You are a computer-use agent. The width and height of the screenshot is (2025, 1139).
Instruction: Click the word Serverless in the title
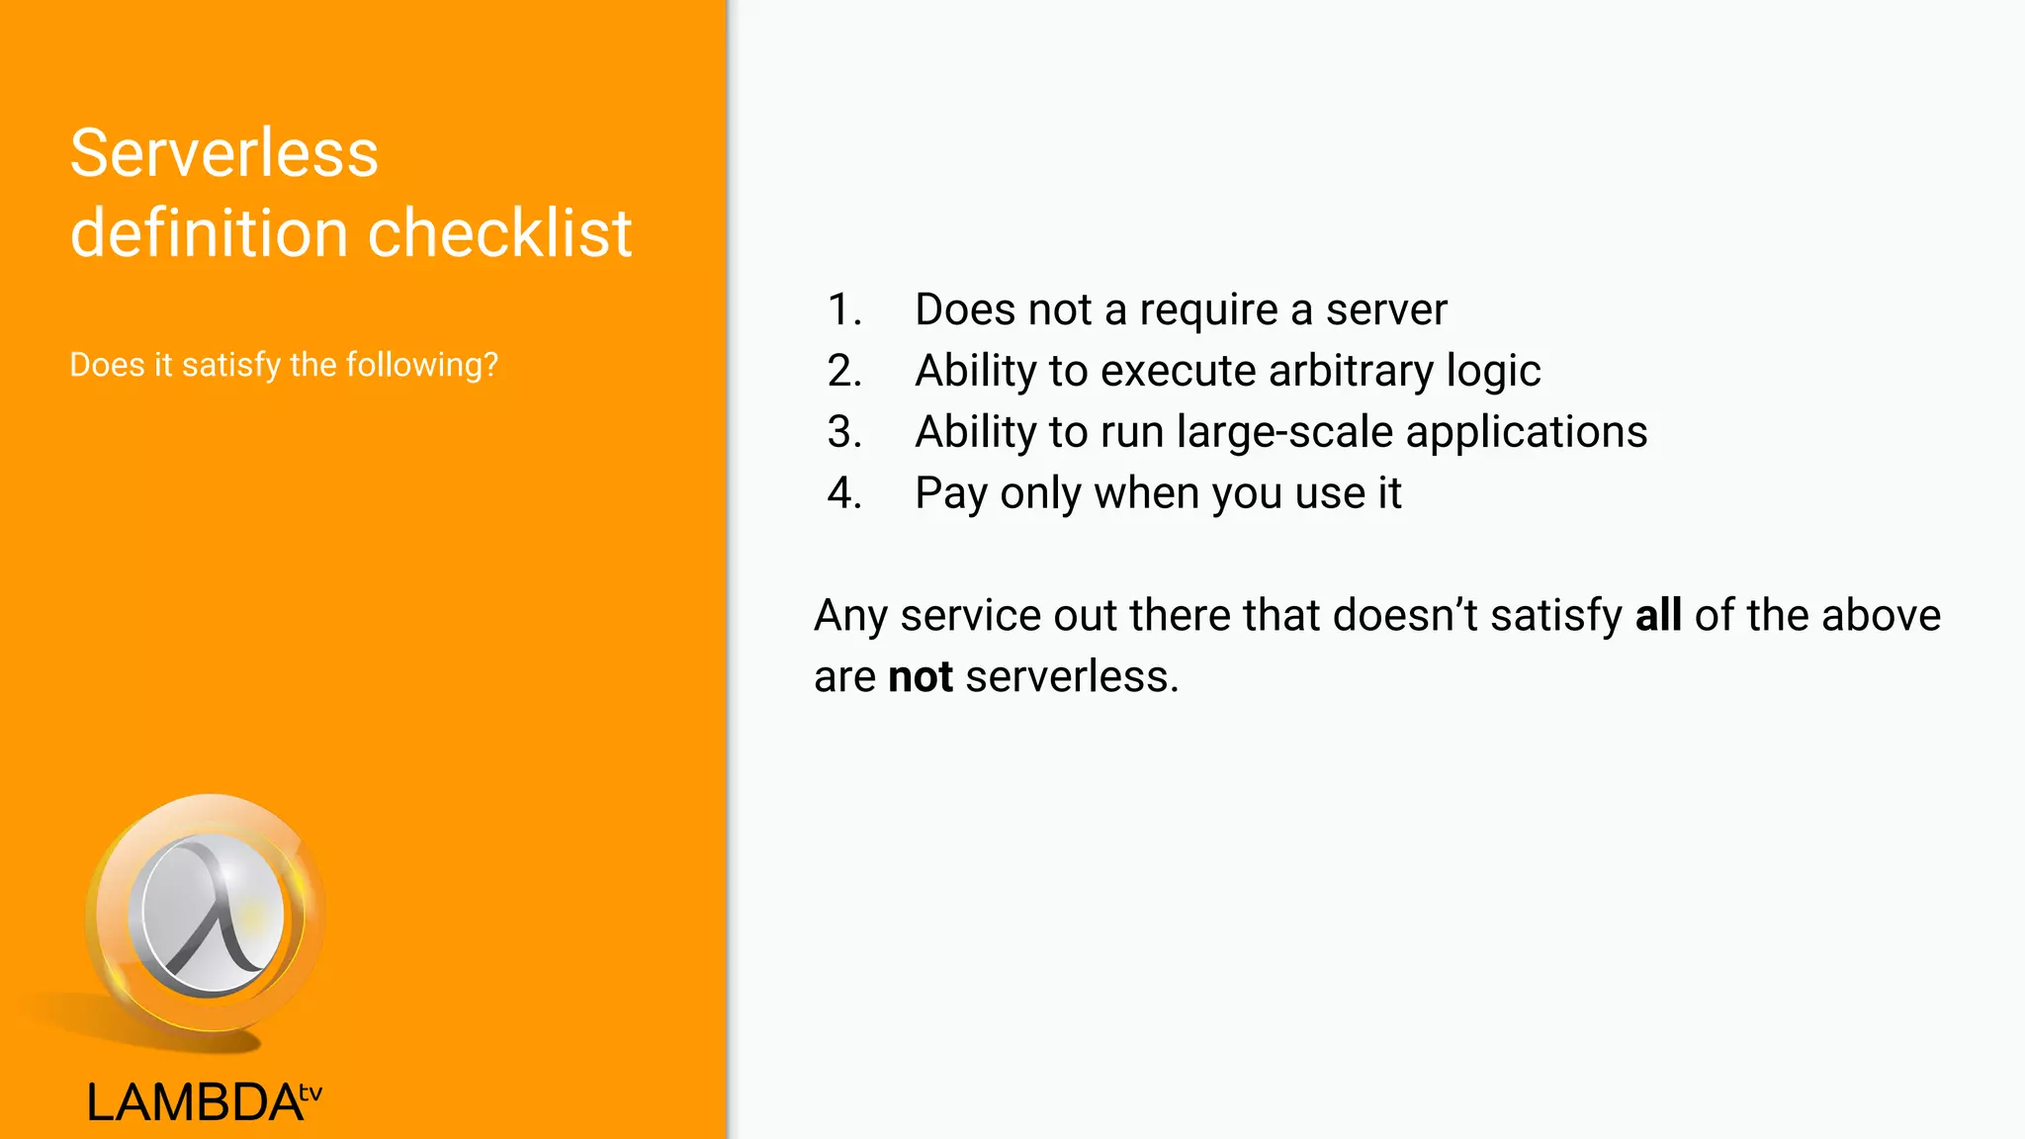tap(224, 154)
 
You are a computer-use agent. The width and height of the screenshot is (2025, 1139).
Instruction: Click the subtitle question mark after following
tap(489, 365)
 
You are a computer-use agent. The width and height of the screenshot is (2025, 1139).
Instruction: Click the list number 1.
tap(843, 309)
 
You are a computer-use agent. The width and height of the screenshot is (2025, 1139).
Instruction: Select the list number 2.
tap(844, 371)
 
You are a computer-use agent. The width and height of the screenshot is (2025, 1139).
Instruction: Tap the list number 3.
tap(844, 432)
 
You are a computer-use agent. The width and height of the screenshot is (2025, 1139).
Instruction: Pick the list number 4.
tap(844, 493)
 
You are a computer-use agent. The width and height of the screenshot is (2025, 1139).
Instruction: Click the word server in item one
tap(1386, 309)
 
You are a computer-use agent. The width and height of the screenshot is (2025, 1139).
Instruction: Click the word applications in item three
tap(1527, 432)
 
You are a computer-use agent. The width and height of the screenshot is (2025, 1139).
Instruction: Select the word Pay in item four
tap(950, 493)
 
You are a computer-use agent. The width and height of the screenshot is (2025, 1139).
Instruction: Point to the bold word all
tap(1658, 615)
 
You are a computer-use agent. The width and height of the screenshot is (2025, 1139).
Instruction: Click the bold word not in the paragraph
tap(921, 677)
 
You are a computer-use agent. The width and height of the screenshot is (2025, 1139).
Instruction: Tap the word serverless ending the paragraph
tap(1071, 677)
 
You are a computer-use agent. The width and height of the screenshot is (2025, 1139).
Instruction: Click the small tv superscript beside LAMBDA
tap(310, 1093)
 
